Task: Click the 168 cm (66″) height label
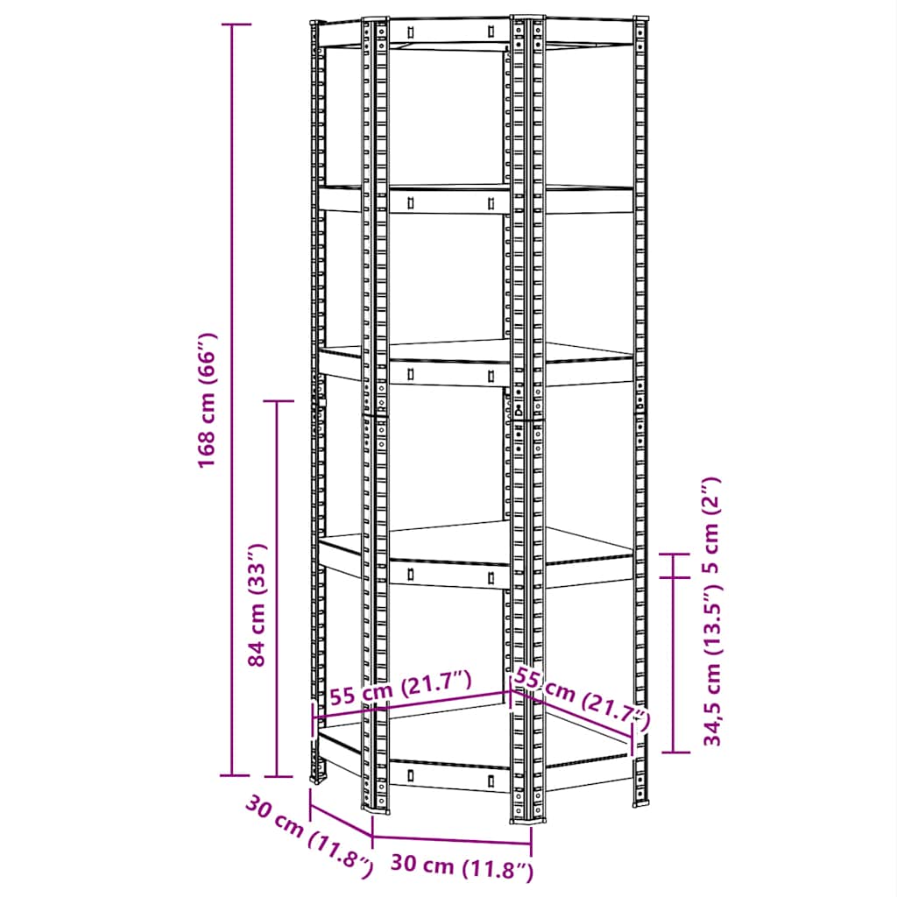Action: pos(208,399)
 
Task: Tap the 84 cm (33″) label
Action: pos(257,604)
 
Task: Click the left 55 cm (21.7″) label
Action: pos(401,689)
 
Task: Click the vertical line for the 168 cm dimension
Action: pos(232,399)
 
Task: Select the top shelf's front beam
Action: pos(448,32)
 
